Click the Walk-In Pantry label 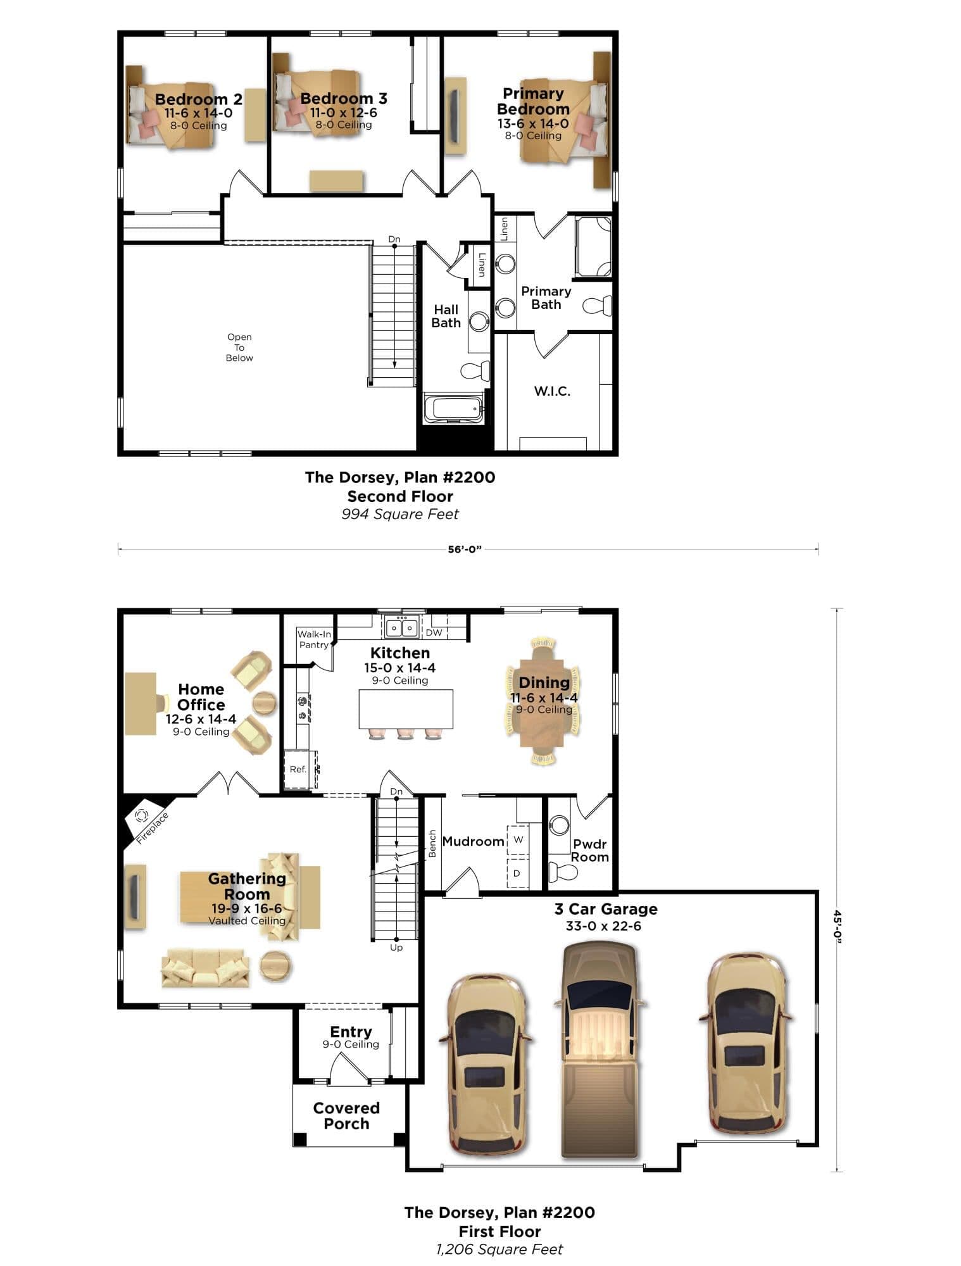[314, 639]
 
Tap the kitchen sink [401, 628]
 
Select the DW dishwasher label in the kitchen [434, 632]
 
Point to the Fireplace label [152, 828]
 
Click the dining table [543, 701]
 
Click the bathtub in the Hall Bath [453, 408]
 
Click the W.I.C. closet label [552, 391]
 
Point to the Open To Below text [239, 348]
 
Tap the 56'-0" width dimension [465, 549]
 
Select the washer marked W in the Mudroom [518, 840]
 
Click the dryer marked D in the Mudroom [517, 873]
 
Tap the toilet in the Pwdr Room [563, 872]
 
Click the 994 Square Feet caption [400, 514]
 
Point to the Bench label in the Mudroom [432, 844]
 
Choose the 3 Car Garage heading [606, 909]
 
